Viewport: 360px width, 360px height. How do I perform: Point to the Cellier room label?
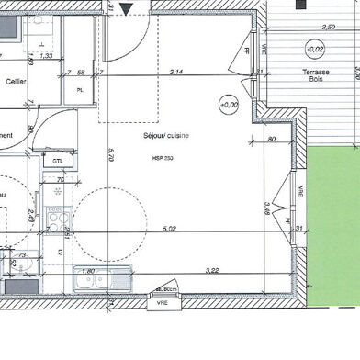coord(16,80)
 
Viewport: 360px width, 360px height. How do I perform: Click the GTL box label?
coord(58,161)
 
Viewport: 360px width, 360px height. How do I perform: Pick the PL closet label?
coord(81,89)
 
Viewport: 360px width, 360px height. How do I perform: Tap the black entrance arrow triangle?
coord(127,9)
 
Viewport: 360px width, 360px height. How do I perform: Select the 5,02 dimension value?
coord(169,229)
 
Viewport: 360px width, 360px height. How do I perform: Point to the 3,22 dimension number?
coord(212,269)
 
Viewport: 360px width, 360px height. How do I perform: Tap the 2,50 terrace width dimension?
coord(329,27)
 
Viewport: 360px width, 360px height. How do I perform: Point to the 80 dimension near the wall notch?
coord(273,140)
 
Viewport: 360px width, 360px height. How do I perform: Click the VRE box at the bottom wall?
coord(162,300)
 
